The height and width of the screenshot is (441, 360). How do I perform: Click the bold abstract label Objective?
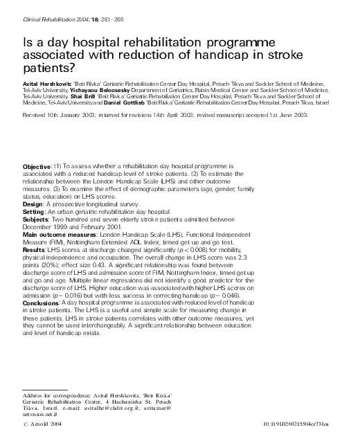point(37,167)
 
